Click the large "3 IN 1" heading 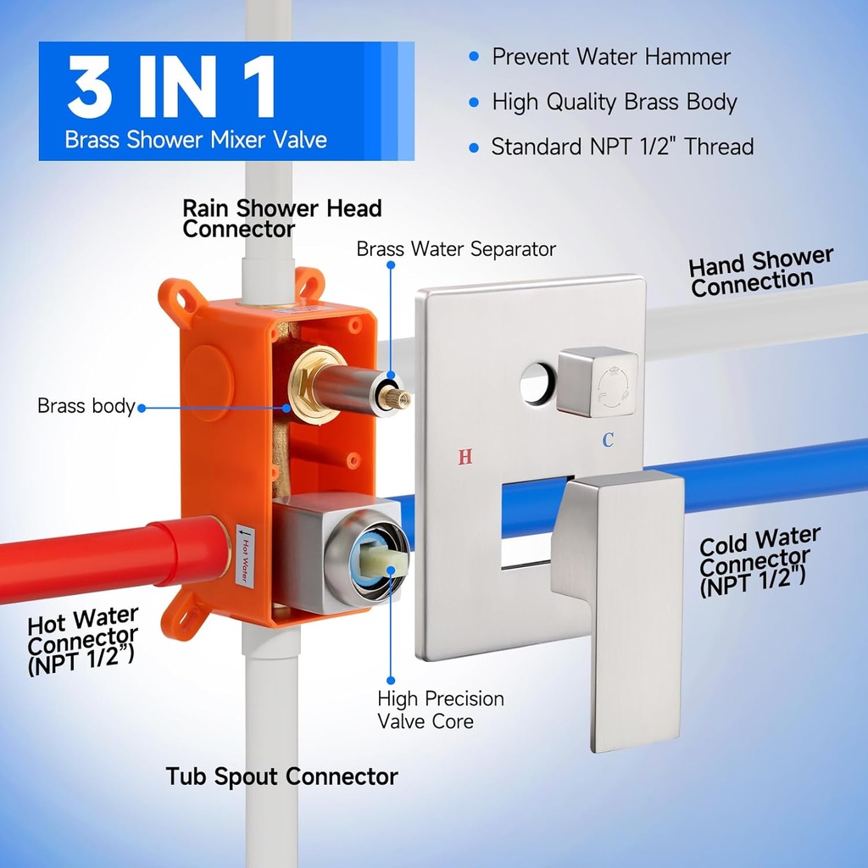171,87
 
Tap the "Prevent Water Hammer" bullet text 610,57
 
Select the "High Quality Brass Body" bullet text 615,103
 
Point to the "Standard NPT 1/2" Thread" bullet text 622,147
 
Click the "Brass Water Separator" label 456,249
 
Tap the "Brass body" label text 86,406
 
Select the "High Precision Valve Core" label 441,710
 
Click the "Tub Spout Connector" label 281,776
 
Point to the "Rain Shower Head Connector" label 282,218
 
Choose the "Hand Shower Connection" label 760,272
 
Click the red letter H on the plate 465,458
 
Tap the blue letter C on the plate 608,440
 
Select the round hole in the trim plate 537,382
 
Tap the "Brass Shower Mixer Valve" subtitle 196,140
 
